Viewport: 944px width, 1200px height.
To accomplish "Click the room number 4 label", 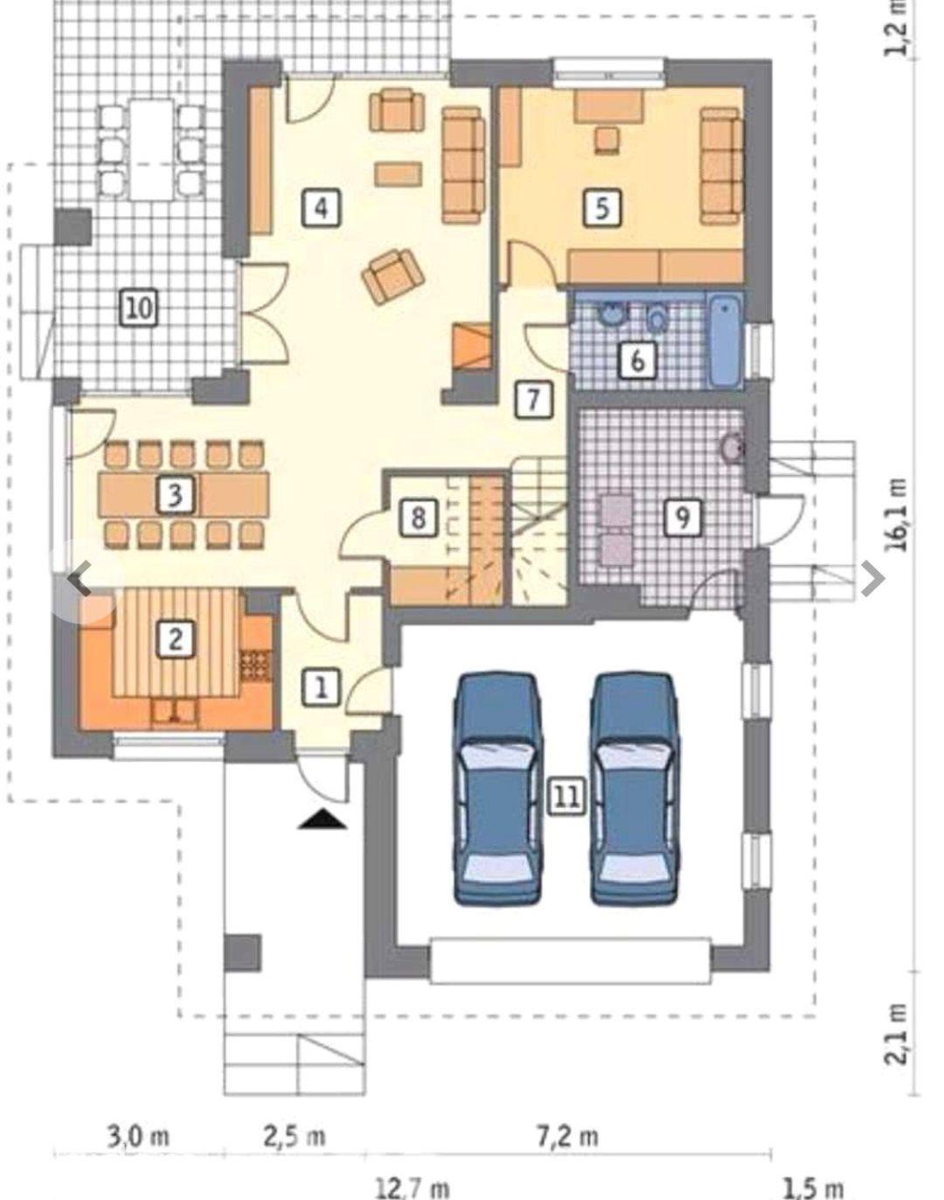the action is point(320,208).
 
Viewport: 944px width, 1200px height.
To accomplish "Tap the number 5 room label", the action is point(602,208).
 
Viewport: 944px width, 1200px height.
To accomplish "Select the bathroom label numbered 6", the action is point(638,359).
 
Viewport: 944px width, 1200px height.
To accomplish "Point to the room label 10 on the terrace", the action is point(139,307).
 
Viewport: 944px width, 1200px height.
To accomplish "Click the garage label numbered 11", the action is point(567,796).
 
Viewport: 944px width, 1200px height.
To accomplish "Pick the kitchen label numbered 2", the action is point(175,639).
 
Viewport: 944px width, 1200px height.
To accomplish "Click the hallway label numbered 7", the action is point(533,399).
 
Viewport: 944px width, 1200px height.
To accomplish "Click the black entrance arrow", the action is point(323,820).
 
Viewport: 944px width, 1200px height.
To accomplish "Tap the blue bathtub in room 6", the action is point(725,342).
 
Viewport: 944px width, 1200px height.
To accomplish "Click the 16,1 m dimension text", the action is point(898,514).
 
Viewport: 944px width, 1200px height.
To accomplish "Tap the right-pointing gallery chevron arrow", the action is point(872,579).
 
